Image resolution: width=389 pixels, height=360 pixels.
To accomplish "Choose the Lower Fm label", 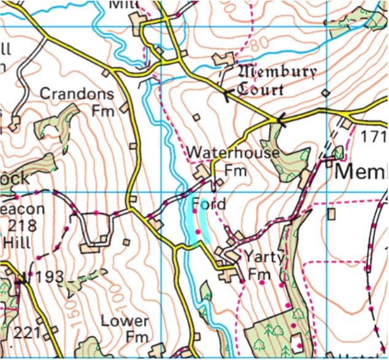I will coord(125,329).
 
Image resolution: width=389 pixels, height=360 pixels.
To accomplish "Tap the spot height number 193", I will coord(49,277).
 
